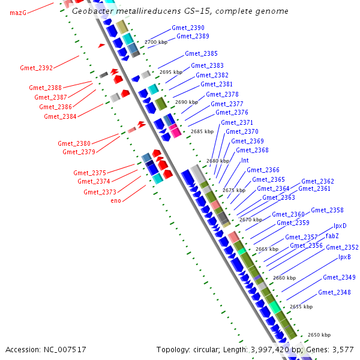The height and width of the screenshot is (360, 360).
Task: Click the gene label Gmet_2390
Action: click(x=188, y=28)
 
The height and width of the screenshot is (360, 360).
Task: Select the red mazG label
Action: click(x=18, y=13)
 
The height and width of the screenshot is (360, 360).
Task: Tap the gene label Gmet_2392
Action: click(x=36, y=68)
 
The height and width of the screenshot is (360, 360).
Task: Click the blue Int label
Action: click(x=245, y=160)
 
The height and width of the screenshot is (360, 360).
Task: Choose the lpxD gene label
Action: click(x=340, y=226)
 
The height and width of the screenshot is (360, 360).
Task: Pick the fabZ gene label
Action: click(x=332, y=236)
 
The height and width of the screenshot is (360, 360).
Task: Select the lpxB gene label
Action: click(x=344, y=257)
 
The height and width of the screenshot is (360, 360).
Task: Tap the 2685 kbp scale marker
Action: click(x=202, y=131)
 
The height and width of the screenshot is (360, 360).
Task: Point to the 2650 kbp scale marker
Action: click(x=319, y=335)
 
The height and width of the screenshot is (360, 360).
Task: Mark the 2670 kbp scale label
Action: click(x=250, y=220)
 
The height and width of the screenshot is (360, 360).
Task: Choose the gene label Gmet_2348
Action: click(x=334, y=292)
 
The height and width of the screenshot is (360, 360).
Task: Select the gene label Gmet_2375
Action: click(x=89, y=173)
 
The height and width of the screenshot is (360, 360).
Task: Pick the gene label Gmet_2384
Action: click(x=60, y=116)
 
